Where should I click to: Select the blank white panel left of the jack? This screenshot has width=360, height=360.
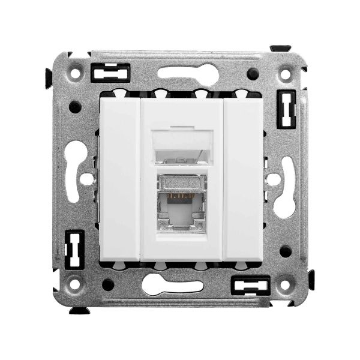119,178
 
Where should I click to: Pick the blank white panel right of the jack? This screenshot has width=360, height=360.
242,178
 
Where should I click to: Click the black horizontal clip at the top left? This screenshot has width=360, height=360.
110,73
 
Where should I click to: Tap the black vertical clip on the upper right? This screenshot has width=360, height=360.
286,109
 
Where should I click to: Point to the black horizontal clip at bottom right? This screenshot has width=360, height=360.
251,285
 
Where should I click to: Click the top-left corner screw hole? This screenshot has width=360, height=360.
76,73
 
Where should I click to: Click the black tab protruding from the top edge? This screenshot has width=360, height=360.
281,48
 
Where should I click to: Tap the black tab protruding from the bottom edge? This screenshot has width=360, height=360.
79,310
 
